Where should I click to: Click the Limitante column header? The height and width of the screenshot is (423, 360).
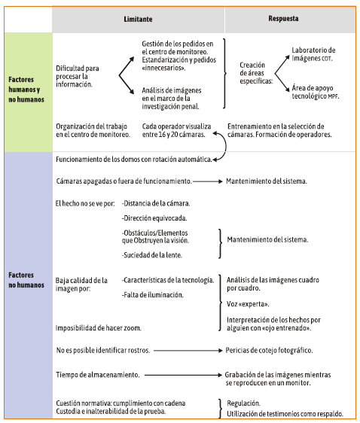(138, 19)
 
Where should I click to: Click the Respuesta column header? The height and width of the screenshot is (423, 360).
(283, 19)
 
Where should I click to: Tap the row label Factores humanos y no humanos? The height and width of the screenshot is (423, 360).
(26, 90)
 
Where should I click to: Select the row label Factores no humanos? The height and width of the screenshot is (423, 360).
(26, 280)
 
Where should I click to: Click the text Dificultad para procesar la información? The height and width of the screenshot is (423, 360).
(78, 76)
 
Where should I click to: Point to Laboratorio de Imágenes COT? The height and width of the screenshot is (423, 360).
(313, 54)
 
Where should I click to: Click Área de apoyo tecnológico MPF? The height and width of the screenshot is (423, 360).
(316, 92)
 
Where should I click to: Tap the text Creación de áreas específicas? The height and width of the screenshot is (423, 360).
(256, 73)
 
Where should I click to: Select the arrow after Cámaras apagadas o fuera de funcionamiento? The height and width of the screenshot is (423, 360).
(208, 181)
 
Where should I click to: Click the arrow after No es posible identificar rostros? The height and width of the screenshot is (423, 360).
(188, 351)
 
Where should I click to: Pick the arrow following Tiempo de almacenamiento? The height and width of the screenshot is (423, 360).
(183, 375)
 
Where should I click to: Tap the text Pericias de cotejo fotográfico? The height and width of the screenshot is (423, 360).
(269, 351)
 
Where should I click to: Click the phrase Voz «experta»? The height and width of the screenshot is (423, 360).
(248, 304)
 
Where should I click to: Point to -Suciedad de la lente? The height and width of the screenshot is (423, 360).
(152, 255)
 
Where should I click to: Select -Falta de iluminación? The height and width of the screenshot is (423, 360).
(153, 295)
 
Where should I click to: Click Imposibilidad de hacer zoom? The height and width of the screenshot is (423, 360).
(99, 328)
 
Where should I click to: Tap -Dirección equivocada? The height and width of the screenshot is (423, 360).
(154, 218)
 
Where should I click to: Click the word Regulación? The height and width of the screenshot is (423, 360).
(243, 403)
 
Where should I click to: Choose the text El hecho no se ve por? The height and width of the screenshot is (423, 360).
(85, 203)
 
